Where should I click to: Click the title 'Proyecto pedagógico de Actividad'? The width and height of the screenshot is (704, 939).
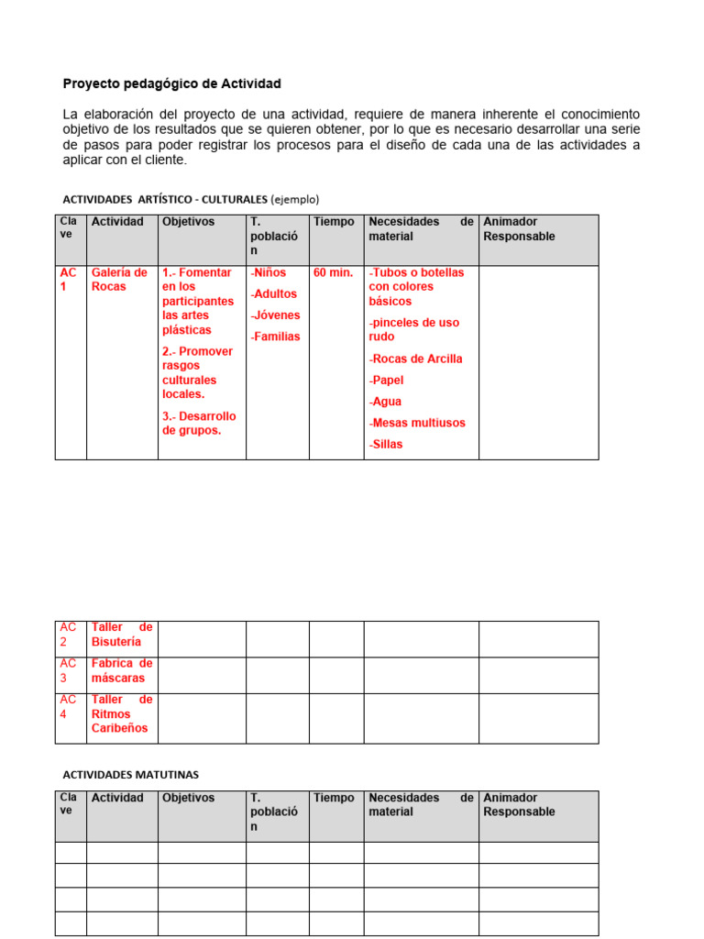pos(171,84)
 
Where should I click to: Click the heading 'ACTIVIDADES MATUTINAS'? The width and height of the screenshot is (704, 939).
pos(130,775)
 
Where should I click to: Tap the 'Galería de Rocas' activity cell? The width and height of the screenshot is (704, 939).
pos(119,280)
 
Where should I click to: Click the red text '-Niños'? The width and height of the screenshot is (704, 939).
pos(268,273)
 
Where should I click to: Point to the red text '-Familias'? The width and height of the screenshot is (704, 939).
pos(275,337)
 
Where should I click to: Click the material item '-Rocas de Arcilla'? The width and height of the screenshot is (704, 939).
pos(416,359)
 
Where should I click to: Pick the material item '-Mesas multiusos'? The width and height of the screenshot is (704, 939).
pos(417,423)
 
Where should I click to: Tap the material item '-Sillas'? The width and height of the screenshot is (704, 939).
pos(386,445)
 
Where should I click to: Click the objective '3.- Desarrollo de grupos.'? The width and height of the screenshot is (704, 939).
pos(199,424)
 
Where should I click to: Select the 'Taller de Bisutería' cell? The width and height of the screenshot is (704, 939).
pos(121,635)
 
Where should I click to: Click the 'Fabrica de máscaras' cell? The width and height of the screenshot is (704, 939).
pos(121,670)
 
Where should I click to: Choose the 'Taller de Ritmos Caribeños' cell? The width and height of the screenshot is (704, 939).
pos(121,713)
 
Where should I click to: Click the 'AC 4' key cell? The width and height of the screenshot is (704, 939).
pos(70,707)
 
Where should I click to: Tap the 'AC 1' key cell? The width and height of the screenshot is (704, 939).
pos(70,280)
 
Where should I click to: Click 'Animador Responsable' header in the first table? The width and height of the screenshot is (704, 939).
pos(520,229)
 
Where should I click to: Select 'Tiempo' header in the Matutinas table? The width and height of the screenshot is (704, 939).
pos(334,798)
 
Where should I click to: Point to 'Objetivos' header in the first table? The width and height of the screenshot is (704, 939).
pos(188,222)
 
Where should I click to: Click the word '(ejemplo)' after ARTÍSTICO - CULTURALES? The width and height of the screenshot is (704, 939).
pos(295,199)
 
